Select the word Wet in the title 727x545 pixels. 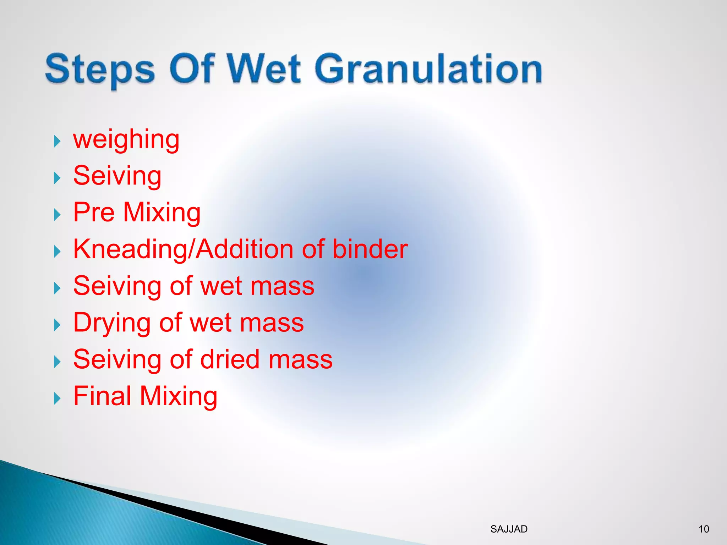click(x=264, y=68)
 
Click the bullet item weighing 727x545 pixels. click(x=126, y=139)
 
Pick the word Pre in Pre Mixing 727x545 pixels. click(x=94, y=212)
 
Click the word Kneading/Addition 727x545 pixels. click(x=183, y=249)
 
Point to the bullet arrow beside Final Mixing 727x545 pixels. click(x=57, y=398)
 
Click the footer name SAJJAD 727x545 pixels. click(x=509, y=529)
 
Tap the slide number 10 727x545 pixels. click(x=704, y=529)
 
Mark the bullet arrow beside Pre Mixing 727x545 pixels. click(x=57, y=215)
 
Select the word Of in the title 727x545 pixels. click(x=192, y=68)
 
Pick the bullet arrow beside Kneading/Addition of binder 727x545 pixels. click(x=57, y=252)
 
